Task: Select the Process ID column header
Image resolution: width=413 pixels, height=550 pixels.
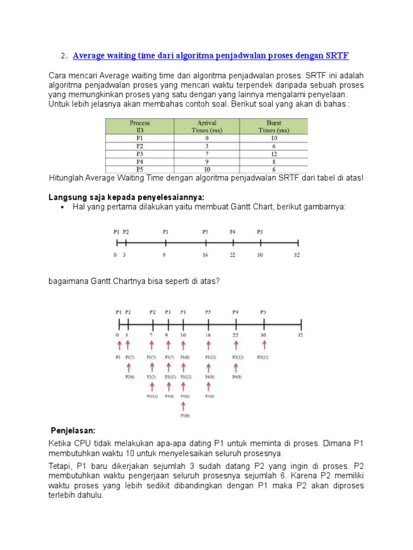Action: pyautogui.click(x=140, y=126)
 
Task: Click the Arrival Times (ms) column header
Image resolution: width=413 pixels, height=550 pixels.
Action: pyautogui.click(x=206, y=126)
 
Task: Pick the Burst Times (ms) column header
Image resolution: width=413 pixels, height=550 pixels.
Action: pyautogui.click(x=274, y=126)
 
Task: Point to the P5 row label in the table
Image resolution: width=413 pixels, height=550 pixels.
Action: pyautogui.click(x=140, y=169)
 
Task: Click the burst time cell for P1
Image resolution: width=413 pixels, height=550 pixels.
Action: pyautogui.click(x=274, y=138)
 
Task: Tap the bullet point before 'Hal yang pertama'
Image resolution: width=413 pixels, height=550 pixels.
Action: pyautogui.click(x=63, y=207)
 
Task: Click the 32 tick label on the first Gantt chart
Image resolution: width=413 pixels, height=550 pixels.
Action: pyautogui.click(x=296, y=255)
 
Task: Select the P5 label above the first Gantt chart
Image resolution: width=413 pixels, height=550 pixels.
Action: pyautogui.click(x=205, y=232)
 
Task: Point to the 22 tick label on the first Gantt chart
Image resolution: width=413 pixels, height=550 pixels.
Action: pyautogui.click(x=232, y=255)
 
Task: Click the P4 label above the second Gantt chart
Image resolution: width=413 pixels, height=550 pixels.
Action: pyautogui.click(x=236, y=312)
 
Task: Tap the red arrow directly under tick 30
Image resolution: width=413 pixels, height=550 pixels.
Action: pyautogui.click(x=264, y=345)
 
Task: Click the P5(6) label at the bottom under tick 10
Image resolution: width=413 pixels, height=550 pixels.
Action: pyautogui.click(x=184, y=415)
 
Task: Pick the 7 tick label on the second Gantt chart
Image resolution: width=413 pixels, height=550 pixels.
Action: pyautogui.click(x=152, y=334)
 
